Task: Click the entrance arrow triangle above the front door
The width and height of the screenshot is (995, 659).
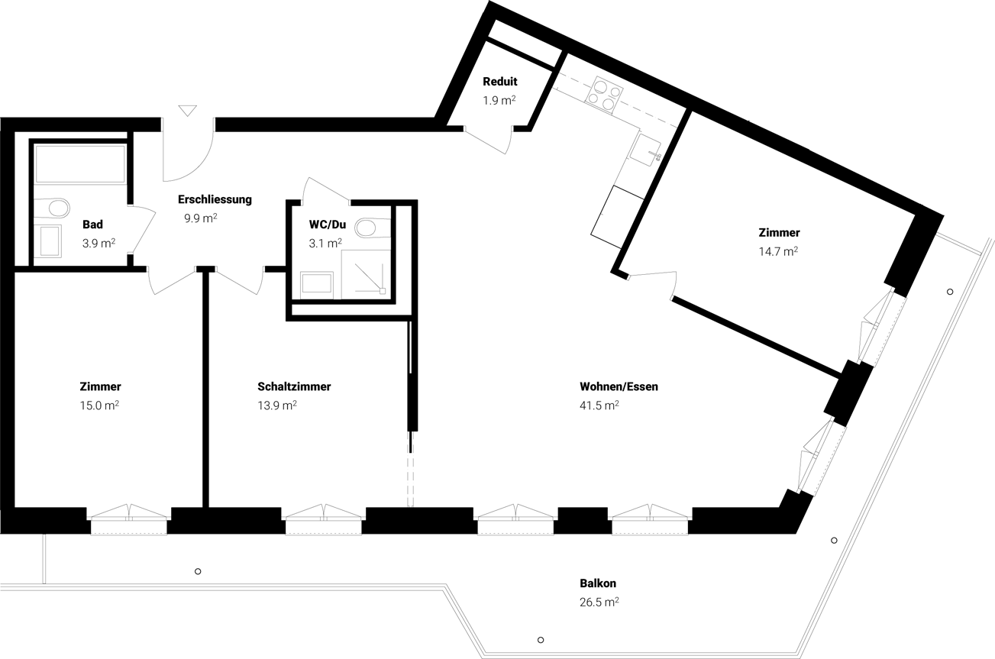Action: [187, 111]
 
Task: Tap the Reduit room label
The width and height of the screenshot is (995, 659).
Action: [500, 82]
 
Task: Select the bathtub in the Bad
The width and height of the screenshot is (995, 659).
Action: [80, 164]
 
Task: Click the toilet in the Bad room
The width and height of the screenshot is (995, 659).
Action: [53, 208]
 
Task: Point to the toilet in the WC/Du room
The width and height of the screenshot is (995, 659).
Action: [372, 228]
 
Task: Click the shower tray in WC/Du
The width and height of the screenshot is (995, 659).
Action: [366, 274]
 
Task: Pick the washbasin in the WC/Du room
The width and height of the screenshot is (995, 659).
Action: [317, 284]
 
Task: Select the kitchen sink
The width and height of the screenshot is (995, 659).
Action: [644, 149]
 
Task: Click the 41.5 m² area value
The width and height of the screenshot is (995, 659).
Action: [599, 405]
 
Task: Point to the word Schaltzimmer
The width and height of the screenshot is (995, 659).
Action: [294, 387]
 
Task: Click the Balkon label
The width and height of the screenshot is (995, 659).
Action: [598, 583]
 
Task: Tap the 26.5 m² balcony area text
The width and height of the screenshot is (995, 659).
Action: [599, 602]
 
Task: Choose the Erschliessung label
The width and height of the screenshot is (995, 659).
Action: [215, 199]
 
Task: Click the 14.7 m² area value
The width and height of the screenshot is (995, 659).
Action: [778, 252]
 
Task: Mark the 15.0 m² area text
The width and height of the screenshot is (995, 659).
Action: [99, 405]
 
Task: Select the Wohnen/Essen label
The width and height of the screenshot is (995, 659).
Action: [619, 387]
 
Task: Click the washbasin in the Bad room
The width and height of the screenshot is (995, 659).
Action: [50, 241]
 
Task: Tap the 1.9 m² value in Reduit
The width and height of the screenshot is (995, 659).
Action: [499, 101]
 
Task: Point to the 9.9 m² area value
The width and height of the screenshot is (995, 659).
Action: [201, 218]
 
